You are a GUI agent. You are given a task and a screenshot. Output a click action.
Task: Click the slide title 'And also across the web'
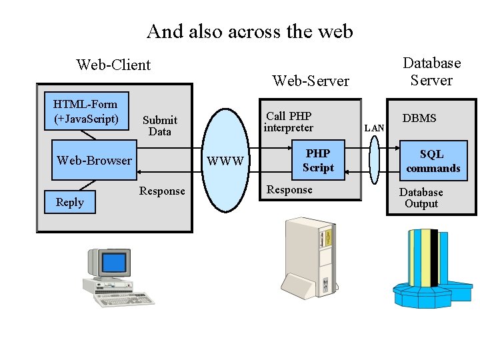point(249,31)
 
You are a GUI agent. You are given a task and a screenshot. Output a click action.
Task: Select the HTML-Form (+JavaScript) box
point(85,111)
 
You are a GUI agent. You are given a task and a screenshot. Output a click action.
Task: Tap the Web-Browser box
point(94,160)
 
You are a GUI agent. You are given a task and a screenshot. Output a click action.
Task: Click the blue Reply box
point(70,202)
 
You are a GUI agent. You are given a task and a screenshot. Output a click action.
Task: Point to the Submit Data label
point(160,125)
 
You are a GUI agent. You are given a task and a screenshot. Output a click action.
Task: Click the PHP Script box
point(318,161)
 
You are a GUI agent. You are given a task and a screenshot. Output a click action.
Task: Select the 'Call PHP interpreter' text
point(289,121)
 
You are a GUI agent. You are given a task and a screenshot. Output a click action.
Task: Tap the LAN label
point(375,127)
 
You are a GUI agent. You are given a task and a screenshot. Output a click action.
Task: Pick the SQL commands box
point(433,161)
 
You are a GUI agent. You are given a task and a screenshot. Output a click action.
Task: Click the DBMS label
point(419,118)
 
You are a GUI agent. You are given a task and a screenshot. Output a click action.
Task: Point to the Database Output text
point(421,198)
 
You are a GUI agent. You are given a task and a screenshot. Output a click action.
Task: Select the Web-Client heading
point(113,65)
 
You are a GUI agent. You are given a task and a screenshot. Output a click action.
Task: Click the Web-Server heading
point(311,81)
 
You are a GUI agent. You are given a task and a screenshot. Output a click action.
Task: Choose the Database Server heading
point(431,71)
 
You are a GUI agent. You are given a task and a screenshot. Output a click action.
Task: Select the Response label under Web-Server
point(289,190)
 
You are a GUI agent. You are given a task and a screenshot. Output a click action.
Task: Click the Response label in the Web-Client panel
point(162,191)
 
